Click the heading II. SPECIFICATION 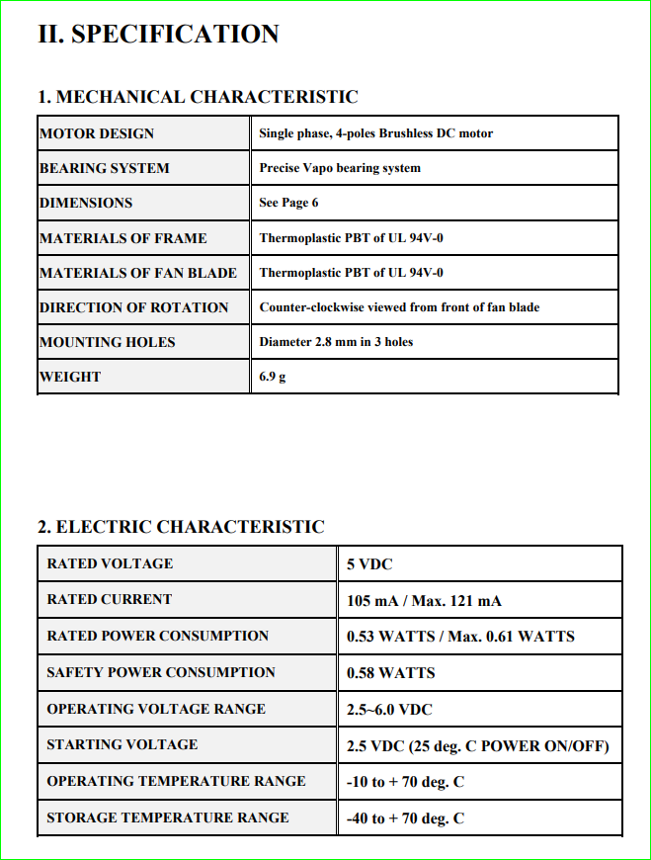[158, 34]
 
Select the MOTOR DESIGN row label [97, 133]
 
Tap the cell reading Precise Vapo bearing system [340, 168]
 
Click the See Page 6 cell [288, 203]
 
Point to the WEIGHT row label [70, 377]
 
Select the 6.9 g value [273, 377]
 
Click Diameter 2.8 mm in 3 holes [336, 342]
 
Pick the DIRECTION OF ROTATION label [133, 307]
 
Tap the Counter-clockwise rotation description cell [399, 307]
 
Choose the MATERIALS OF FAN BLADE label [138, 273]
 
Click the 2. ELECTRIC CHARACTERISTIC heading [181, 527]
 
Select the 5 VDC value [369, 564]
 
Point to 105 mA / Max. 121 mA [424, 601]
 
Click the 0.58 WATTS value [390, 673]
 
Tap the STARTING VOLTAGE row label [122, 744]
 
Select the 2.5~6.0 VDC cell [389, 710]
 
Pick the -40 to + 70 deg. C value [405, 818]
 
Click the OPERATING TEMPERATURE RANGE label [176, 781]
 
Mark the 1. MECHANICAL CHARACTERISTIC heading [198, 97]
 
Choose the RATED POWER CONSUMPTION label [158, 636]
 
